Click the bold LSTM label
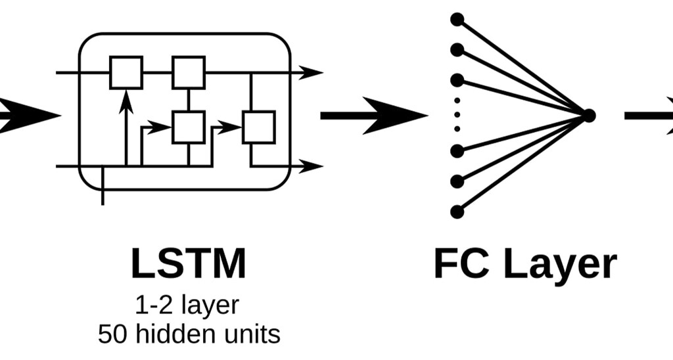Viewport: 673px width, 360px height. pyautogui.click(x=188, y=264)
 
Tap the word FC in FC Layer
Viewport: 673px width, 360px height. pyautogui.click(x=461, y=264)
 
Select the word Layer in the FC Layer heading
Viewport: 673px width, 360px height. pyautogui.click(x=560, y=265)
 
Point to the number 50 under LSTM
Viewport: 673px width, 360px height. pyautogui.click(x=112, y=334)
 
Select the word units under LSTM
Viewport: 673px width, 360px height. pyautogui.click(x=250, y=334)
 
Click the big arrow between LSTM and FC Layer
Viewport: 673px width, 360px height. pyautogui.click(x=375, y=116)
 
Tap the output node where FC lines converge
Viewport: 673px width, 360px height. pyautogui.click(x=589, y=116)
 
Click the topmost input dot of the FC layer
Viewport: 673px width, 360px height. pyautogui.click(x=457, y=18)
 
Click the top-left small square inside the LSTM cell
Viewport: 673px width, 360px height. pyautogui.click(x=126, y=72)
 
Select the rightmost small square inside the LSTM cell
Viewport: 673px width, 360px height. pyautogui.click(x=258, y=127)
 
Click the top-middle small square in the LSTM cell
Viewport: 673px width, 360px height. pyautogui.click(x=189, y=72)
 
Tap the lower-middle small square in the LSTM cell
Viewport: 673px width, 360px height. pyautogui.click(x=189, y=127)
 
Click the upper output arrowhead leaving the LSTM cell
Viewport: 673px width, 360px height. pyautogui.click(x=311, y=72)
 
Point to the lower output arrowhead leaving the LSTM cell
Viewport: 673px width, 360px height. pyautogui.click(x=311, y=166)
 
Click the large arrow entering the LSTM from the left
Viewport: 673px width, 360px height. pyautogui.click(x=26, y=116)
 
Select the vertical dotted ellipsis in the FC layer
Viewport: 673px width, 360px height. pyautogui.click(x=457, y=115)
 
